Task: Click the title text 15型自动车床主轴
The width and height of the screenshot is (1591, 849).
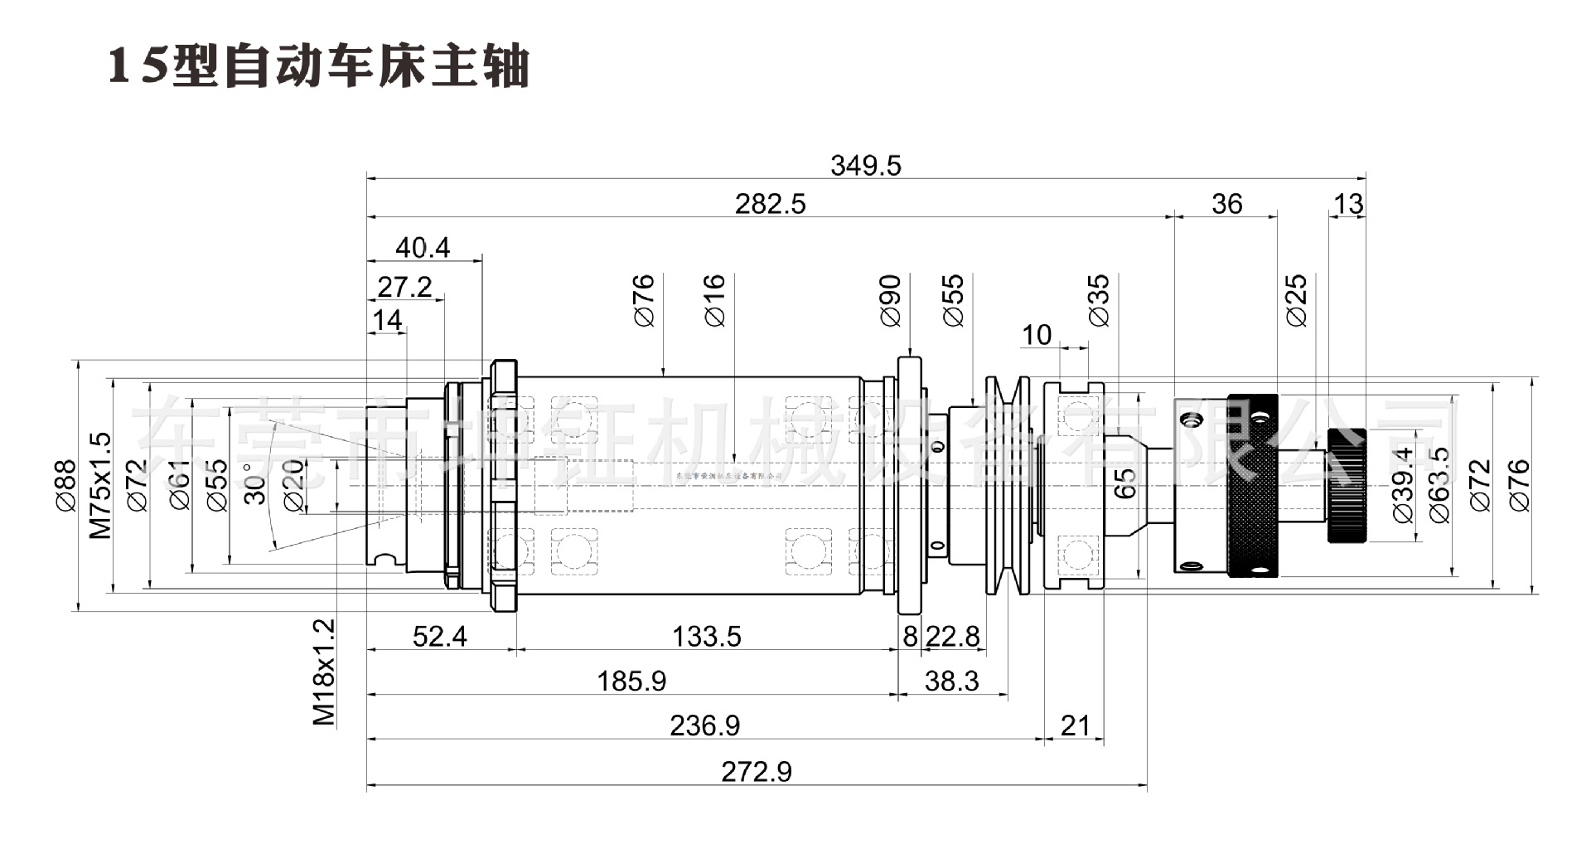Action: click(319, 66)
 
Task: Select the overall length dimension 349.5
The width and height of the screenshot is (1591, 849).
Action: click(865, 166)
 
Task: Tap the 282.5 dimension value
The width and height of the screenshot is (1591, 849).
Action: click(770, 204)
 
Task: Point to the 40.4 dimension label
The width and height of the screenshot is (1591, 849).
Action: click(423, 248)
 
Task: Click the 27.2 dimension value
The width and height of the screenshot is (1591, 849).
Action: click(404, 287)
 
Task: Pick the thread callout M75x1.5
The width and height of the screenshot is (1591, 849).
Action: click(100, 485)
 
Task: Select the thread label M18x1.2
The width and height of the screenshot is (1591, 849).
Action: click(324, 672)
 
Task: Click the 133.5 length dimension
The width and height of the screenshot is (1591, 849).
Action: click(706, 637)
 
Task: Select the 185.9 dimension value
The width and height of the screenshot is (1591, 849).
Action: click(631, 682)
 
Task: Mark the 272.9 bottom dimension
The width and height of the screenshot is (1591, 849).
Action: click(756, 772)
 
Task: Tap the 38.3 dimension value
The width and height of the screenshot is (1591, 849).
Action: click(951, 682)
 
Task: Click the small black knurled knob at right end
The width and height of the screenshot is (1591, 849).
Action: click(1347, 485)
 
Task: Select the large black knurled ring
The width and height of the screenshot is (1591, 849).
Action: click(1252, 485)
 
